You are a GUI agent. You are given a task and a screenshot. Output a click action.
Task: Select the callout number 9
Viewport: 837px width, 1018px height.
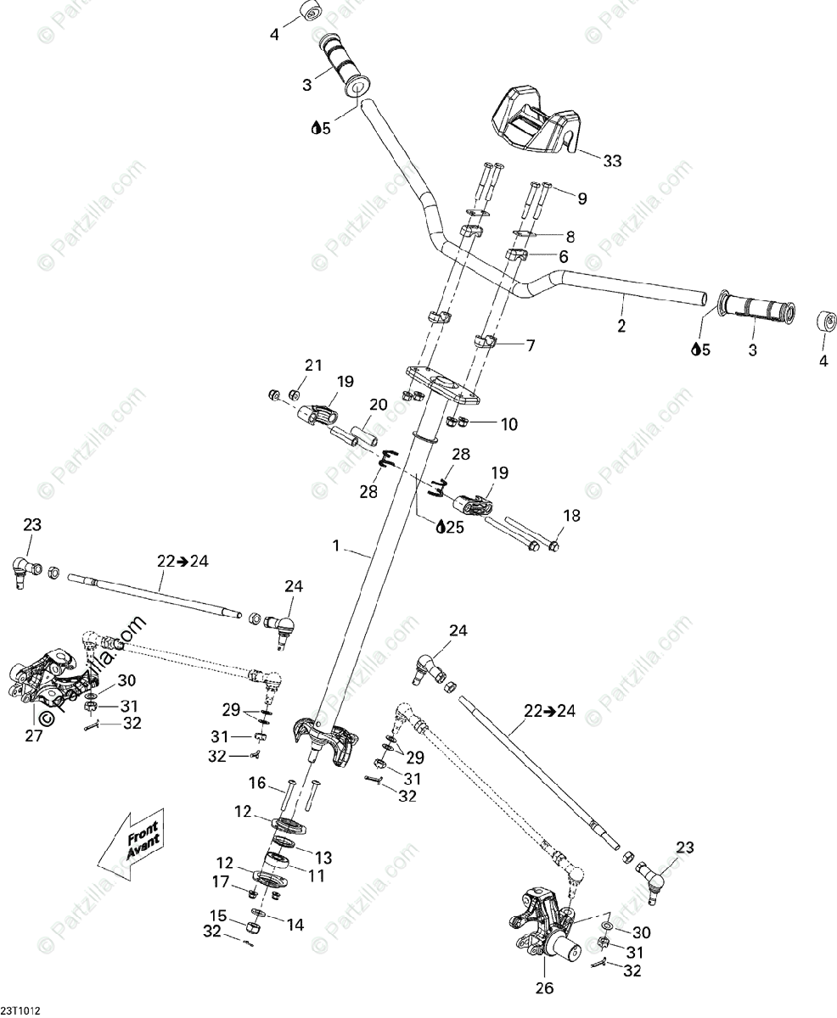click(x=582, y=199)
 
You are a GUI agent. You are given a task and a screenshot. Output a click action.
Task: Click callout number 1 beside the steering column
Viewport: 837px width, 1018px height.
click(x=336, y=546)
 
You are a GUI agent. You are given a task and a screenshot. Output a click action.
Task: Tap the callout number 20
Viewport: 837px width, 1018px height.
click(x=379, y=406)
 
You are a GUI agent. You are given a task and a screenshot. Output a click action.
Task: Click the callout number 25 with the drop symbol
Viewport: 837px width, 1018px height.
click(x=450, y=528)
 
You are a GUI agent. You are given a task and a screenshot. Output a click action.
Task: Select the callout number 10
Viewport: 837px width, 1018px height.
click(x=508, y=423)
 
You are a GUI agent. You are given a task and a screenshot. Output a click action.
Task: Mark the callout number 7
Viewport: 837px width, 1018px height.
click(x=531, y=345)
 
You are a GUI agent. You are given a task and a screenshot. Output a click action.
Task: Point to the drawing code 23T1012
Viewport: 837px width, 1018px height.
click(x=21, y=1010)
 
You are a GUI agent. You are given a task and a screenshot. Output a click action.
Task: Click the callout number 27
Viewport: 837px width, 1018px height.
click(x=33, y=736)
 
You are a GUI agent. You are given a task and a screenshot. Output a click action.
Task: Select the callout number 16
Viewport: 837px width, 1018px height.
click(x=257, y=782)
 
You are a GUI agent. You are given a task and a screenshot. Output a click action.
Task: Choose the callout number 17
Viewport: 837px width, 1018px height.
click(x=221, y=882)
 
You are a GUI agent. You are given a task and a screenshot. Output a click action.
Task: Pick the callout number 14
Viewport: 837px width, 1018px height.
click(x=295, y=925)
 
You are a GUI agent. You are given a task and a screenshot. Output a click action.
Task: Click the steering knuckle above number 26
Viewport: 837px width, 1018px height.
click(x=543, y=925)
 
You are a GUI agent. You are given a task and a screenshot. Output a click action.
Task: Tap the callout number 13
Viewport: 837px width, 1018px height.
click(x=324, y=857)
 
